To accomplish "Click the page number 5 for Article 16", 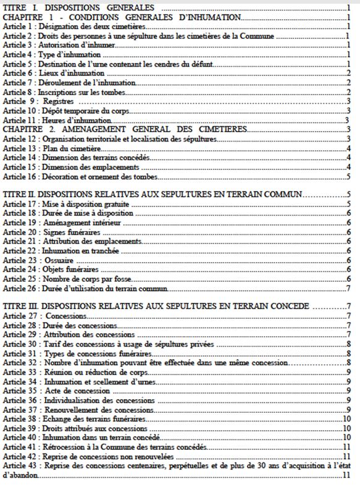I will [x=349, y=177].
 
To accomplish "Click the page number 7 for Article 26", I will [x=349, y=289].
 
